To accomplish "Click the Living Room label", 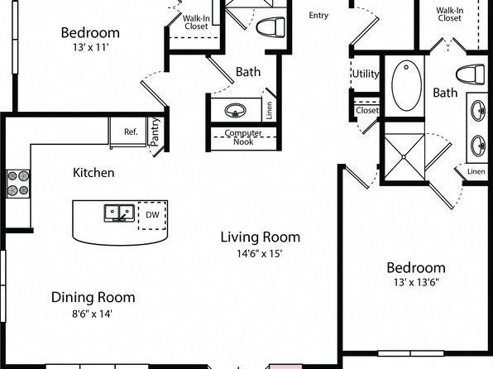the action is pyautogui.click(x=261, y=237).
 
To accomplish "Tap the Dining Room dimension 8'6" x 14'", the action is pyautogui.click(x=92, y=314).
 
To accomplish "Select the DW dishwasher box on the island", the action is pyautogui.click(x=152, y=215).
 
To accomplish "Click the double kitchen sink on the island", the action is pyautogui.click(x=119, y=213).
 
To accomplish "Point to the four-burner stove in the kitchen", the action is pyautogui.click(x=18, y=184).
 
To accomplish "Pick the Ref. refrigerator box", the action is pyautogui.click(x=128, y=132).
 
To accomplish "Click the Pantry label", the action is pyautogui.click(x=155, y=132).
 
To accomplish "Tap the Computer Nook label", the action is pyautogui.click(x=243, y=137).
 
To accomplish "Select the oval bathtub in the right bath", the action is pyautogui.click(x=406, y=85).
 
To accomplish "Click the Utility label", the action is pyautogui.click(x=366, y=74).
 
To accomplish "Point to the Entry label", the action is pyautogui.click(x=318, y=16).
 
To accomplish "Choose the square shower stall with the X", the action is pyautogui.click(x=404, y=157).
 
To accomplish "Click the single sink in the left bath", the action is pyautogui.click(x=235, y=111).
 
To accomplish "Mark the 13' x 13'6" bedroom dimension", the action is pyautogui.click(x=416, y=282).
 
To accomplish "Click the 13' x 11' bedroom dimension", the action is pyautogui.click(x=90, y=47).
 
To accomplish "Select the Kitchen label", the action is pyautogui.click(x=93, y=173).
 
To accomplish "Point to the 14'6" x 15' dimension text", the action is pyautogui.click(x=260, y=253).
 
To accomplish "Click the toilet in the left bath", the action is pyautogui.click(x=270, y=26).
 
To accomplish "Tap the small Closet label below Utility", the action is pyautogui.click(x=367, y=110).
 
